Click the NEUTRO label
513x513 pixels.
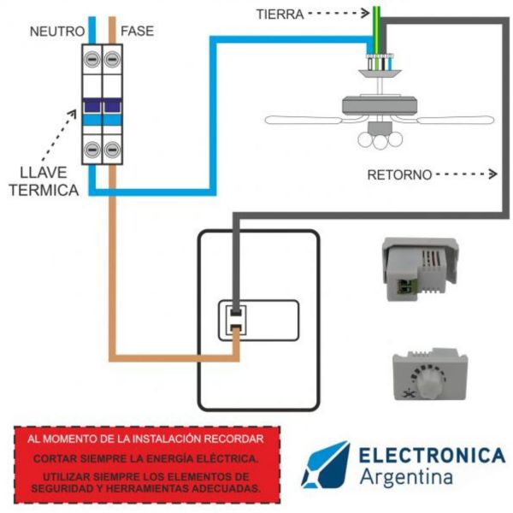pyautogui.click(x=57, y=32)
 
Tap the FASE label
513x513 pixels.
pyautogui.click(x=138, y=32)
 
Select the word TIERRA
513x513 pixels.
pyautogui.click(x=277, y=14)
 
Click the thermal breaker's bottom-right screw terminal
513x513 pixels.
pyautogui.click(x=111, y=150)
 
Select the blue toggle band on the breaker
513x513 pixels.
pyautogui.click(x=101, y=107)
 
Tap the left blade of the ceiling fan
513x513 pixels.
pyautogui.click(x=304, y=120)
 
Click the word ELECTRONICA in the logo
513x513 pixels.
pyautogui.click(x=431, y=454)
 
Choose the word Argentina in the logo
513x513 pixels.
pyautogui.click(x=405, y=476)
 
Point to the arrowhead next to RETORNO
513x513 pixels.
pyautogui.click(x=492, y=174)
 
